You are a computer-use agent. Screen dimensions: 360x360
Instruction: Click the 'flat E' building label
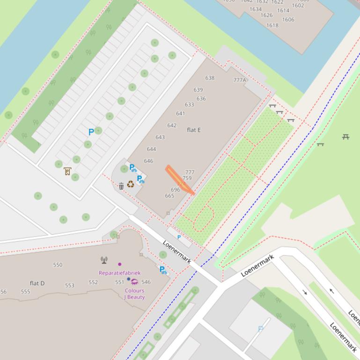click(x=194, y=130)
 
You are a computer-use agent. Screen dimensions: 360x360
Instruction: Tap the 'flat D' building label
click(x=37, y=283)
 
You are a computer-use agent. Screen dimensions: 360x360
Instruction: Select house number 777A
click(x=240, y=80)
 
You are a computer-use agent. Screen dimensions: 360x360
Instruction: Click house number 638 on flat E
click(x=210, y=78)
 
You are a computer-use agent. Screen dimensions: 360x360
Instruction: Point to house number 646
click(x=148, y=161)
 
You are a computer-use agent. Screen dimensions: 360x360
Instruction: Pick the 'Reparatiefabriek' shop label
click(x=119, y=273)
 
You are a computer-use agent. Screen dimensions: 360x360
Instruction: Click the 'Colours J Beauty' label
click(x=134, y=294)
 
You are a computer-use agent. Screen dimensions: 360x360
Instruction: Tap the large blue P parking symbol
click(x=91, y=132)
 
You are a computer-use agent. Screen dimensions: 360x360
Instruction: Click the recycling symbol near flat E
click(x=131, y=184)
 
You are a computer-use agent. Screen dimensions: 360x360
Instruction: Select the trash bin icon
click(x=121, y=186)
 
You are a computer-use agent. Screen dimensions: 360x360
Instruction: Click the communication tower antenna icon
click(x=104, y=260)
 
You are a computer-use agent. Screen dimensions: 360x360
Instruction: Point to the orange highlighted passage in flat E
click(x=180, y=180)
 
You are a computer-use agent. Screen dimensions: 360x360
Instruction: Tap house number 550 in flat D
click(x=58, y=265)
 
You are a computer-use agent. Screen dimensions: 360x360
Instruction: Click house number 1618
click(x=272, y=26)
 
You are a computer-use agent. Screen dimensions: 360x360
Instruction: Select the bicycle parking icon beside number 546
click(x=163, y=270)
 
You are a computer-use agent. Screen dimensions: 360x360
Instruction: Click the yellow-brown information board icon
click(x=67, y=172)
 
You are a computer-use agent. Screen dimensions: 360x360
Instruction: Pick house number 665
click(x=169, y=196)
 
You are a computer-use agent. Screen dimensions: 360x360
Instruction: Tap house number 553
click(x=70, y=285)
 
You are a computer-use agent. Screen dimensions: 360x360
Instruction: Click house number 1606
click(x=288, y=20)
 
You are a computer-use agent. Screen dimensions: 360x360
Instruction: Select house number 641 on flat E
click(x=180, y=114)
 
